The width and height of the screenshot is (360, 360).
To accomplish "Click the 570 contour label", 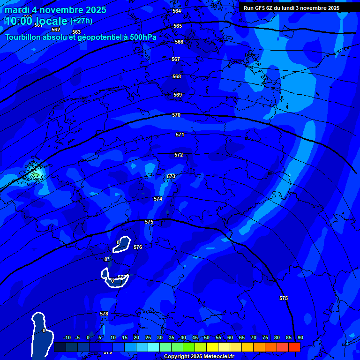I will pos(176,115).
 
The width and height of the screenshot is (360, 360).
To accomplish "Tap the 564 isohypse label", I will pos(177,11).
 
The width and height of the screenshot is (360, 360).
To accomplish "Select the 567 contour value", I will pos(176,60).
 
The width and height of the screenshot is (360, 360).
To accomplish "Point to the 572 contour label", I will pos(179,155).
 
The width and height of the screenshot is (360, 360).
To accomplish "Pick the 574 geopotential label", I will pos(158,199).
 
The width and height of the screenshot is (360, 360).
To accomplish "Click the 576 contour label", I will pos(138,247).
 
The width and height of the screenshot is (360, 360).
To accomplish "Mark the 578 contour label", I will pos(104,314).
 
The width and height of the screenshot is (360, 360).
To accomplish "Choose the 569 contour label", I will pos(178,95).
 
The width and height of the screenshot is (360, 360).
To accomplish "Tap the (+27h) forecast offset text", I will pos(81,21).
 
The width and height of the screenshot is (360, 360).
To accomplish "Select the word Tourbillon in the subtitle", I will pos(23,37).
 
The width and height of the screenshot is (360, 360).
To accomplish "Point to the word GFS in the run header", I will pos(260,8).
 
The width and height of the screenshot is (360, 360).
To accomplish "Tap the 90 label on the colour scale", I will pos(300,337).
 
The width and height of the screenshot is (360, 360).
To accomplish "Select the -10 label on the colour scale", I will pos(67,337).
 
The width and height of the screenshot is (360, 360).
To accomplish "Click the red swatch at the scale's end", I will pos(294,347).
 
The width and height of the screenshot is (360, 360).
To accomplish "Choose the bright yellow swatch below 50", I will pos(212,347).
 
